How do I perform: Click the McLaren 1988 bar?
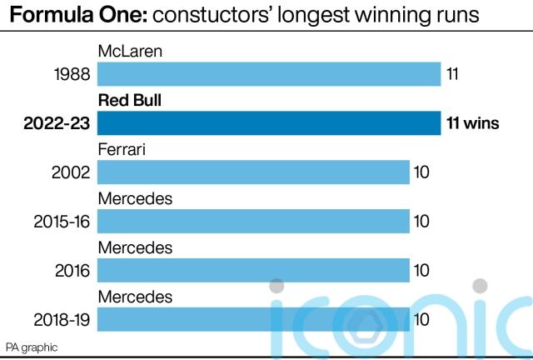tap(268, 75)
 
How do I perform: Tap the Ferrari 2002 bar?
tap(253, 172)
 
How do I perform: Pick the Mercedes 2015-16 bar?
tap(253, 222)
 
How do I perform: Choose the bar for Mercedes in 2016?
tap(253, 270)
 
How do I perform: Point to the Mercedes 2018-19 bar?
tap(253, 319)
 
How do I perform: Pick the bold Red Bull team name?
tap(129, 101)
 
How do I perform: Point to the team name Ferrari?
tap(123, 150)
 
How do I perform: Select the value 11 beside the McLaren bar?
tap(453, 75)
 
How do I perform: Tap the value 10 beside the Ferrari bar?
tap(421, 172)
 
